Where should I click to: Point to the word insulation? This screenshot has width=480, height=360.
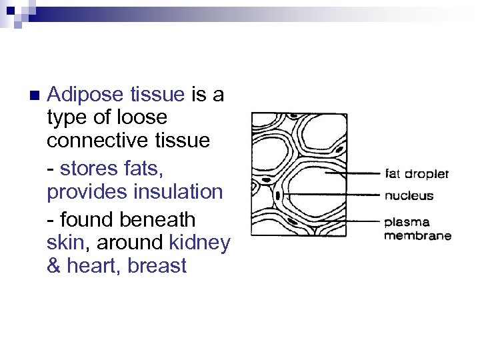click(180, 192)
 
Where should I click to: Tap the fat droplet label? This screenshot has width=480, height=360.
click(417, 174)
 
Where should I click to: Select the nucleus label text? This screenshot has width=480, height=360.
click(409, 195)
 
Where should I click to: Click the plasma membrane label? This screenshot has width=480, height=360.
click(417, 228)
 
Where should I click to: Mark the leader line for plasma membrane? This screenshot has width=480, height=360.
click(340, 220)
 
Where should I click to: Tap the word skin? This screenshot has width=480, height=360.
click(63, 243)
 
